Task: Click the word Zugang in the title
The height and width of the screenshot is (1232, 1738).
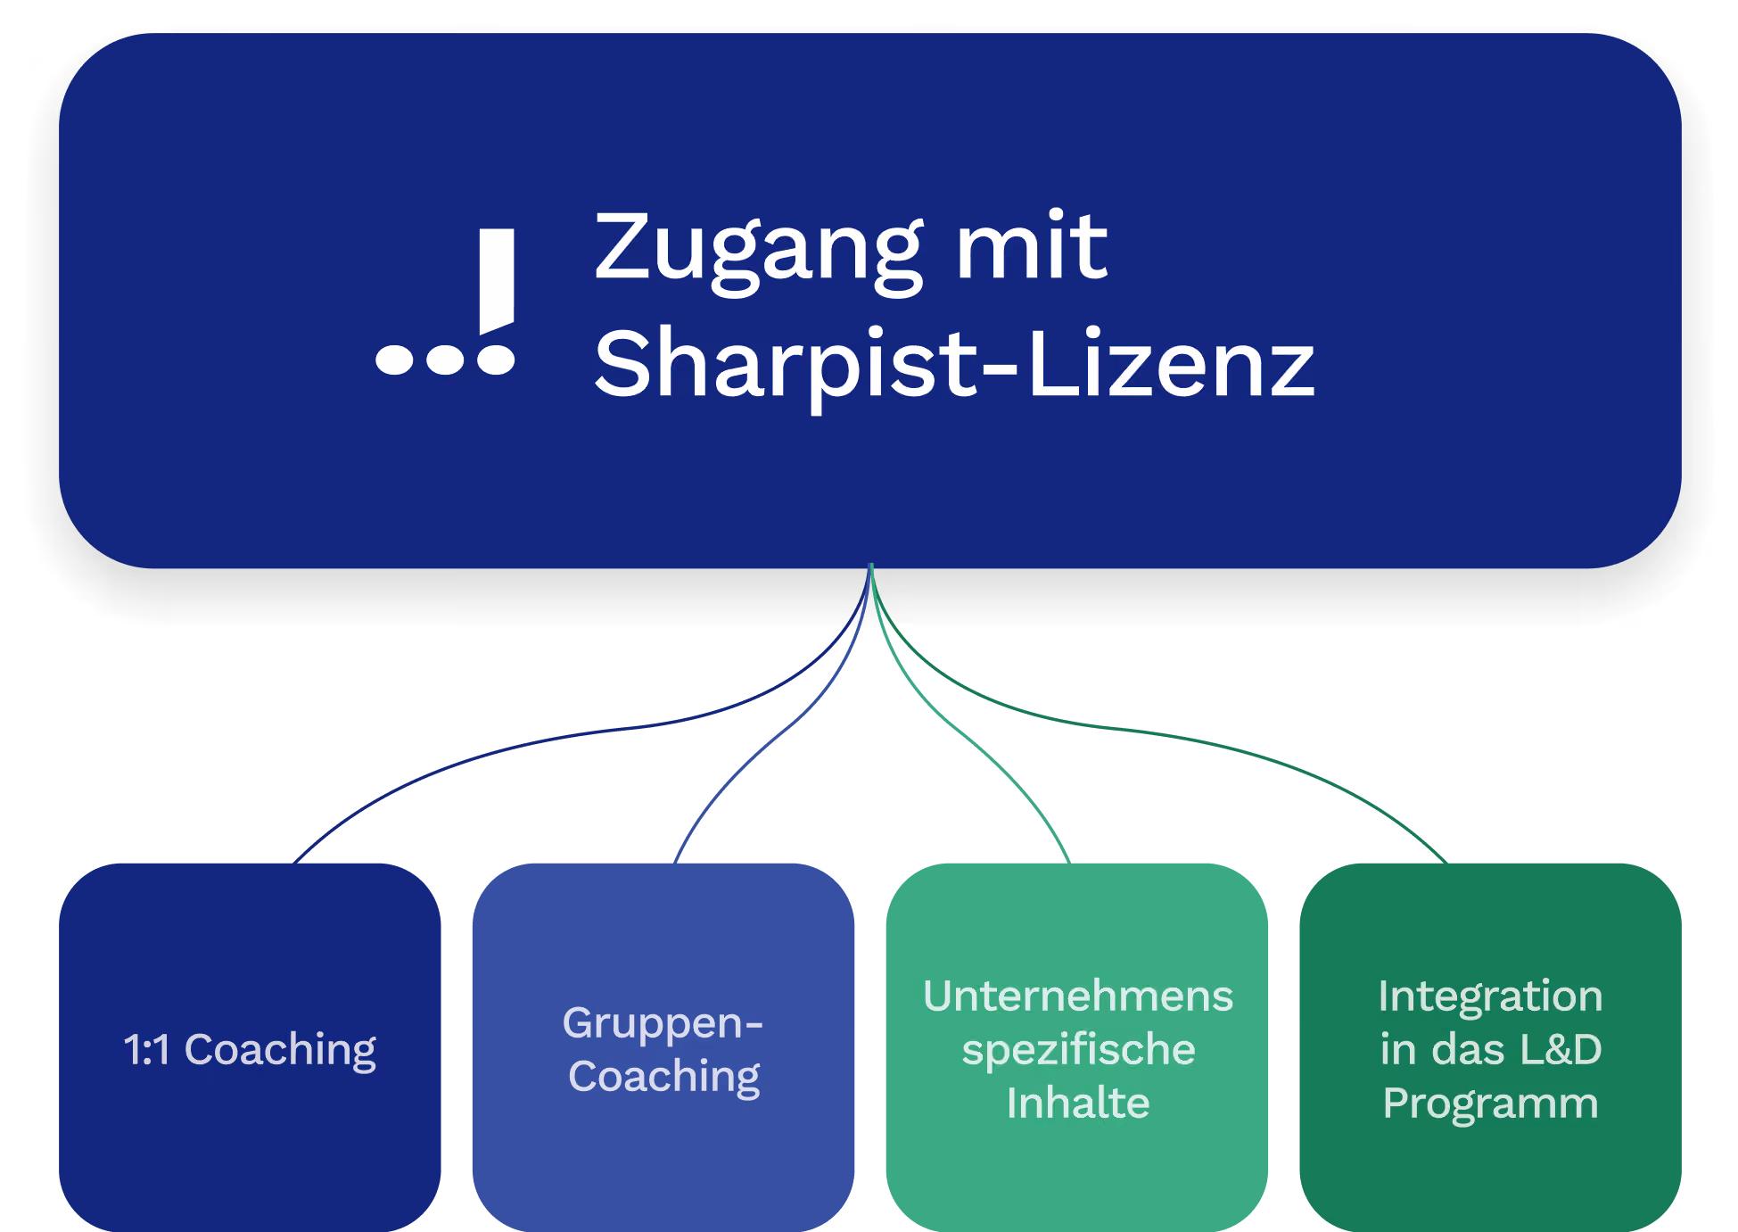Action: (x=759, y=252)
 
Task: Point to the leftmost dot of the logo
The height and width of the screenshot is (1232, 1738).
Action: (x=394, y=359)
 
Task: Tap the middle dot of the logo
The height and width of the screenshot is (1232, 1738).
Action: (x=445, y=359)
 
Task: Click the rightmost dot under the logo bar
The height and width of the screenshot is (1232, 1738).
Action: (x=496, y=359)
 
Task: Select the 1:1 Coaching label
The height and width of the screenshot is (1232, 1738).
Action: (x=250, y=1051)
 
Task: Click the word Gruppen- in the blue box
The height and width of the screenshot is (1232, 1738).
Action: (x=663, y=1024)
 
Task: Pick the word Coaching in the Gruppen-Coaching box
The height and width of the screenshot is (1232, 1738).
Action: (x=664, y=1078)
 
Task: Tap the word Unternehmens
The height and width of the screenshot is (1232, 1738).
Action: (x=1078, y=996)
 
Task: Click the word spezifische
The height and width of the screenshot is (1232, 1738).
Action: (x=1078, y=1051)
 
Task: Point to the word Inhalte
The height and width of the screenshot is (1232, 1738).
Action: (x=1078, y=1103)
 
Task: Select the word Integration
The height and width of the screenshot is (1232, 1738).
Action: (x=1490, y=997)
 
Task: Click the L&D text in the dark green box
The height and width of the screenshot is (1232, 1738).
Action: (x=1561, y=1049)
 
